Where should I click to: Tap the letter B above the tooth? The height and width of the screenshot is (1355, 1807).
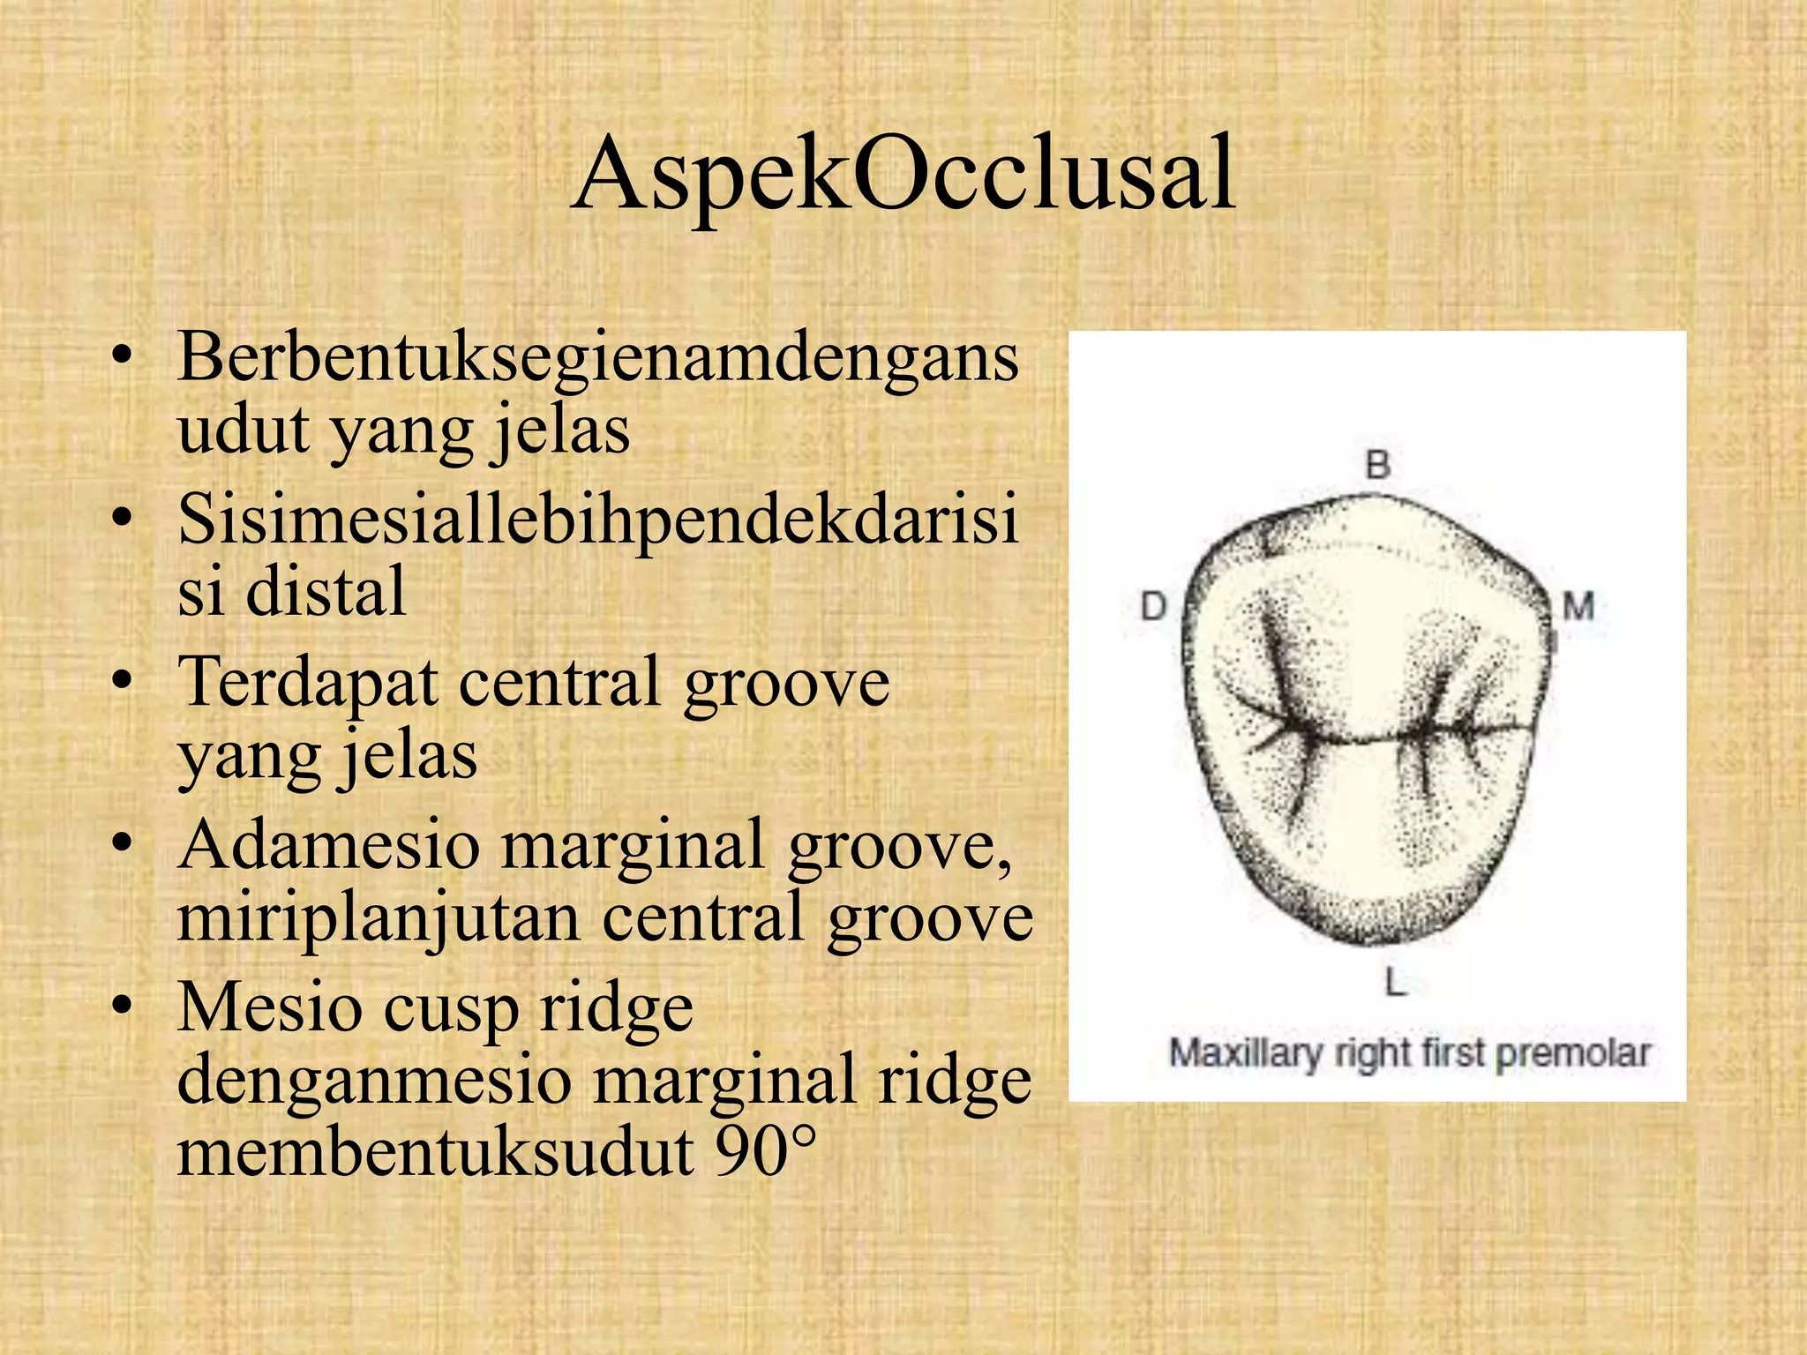[1378, 464]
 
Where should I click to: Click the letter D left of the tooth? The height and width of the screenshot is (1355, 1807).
[1153, 607]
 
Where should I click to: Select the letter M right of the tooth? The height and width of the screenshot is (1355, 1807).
[1578, 607]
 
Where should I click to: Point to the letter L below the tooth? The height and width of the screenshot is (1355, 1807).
[1395, 981]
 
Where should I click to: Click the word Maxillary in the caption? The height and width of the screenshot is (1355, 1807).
[1246, 1053]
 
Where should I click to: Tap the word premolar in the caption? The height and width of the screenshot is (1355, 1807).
[1573, 1053]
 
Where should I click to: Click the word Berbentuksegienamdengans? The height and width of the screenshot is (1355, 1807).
[598, 357]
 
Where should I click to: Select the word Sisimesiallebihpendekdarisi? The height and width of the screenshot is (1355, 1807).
[598, 519]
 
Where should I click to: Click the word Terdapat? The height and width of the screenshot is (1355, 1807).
[309, 682]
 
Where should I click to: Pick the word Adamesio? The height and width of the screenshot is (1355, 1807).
[328, 844]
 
